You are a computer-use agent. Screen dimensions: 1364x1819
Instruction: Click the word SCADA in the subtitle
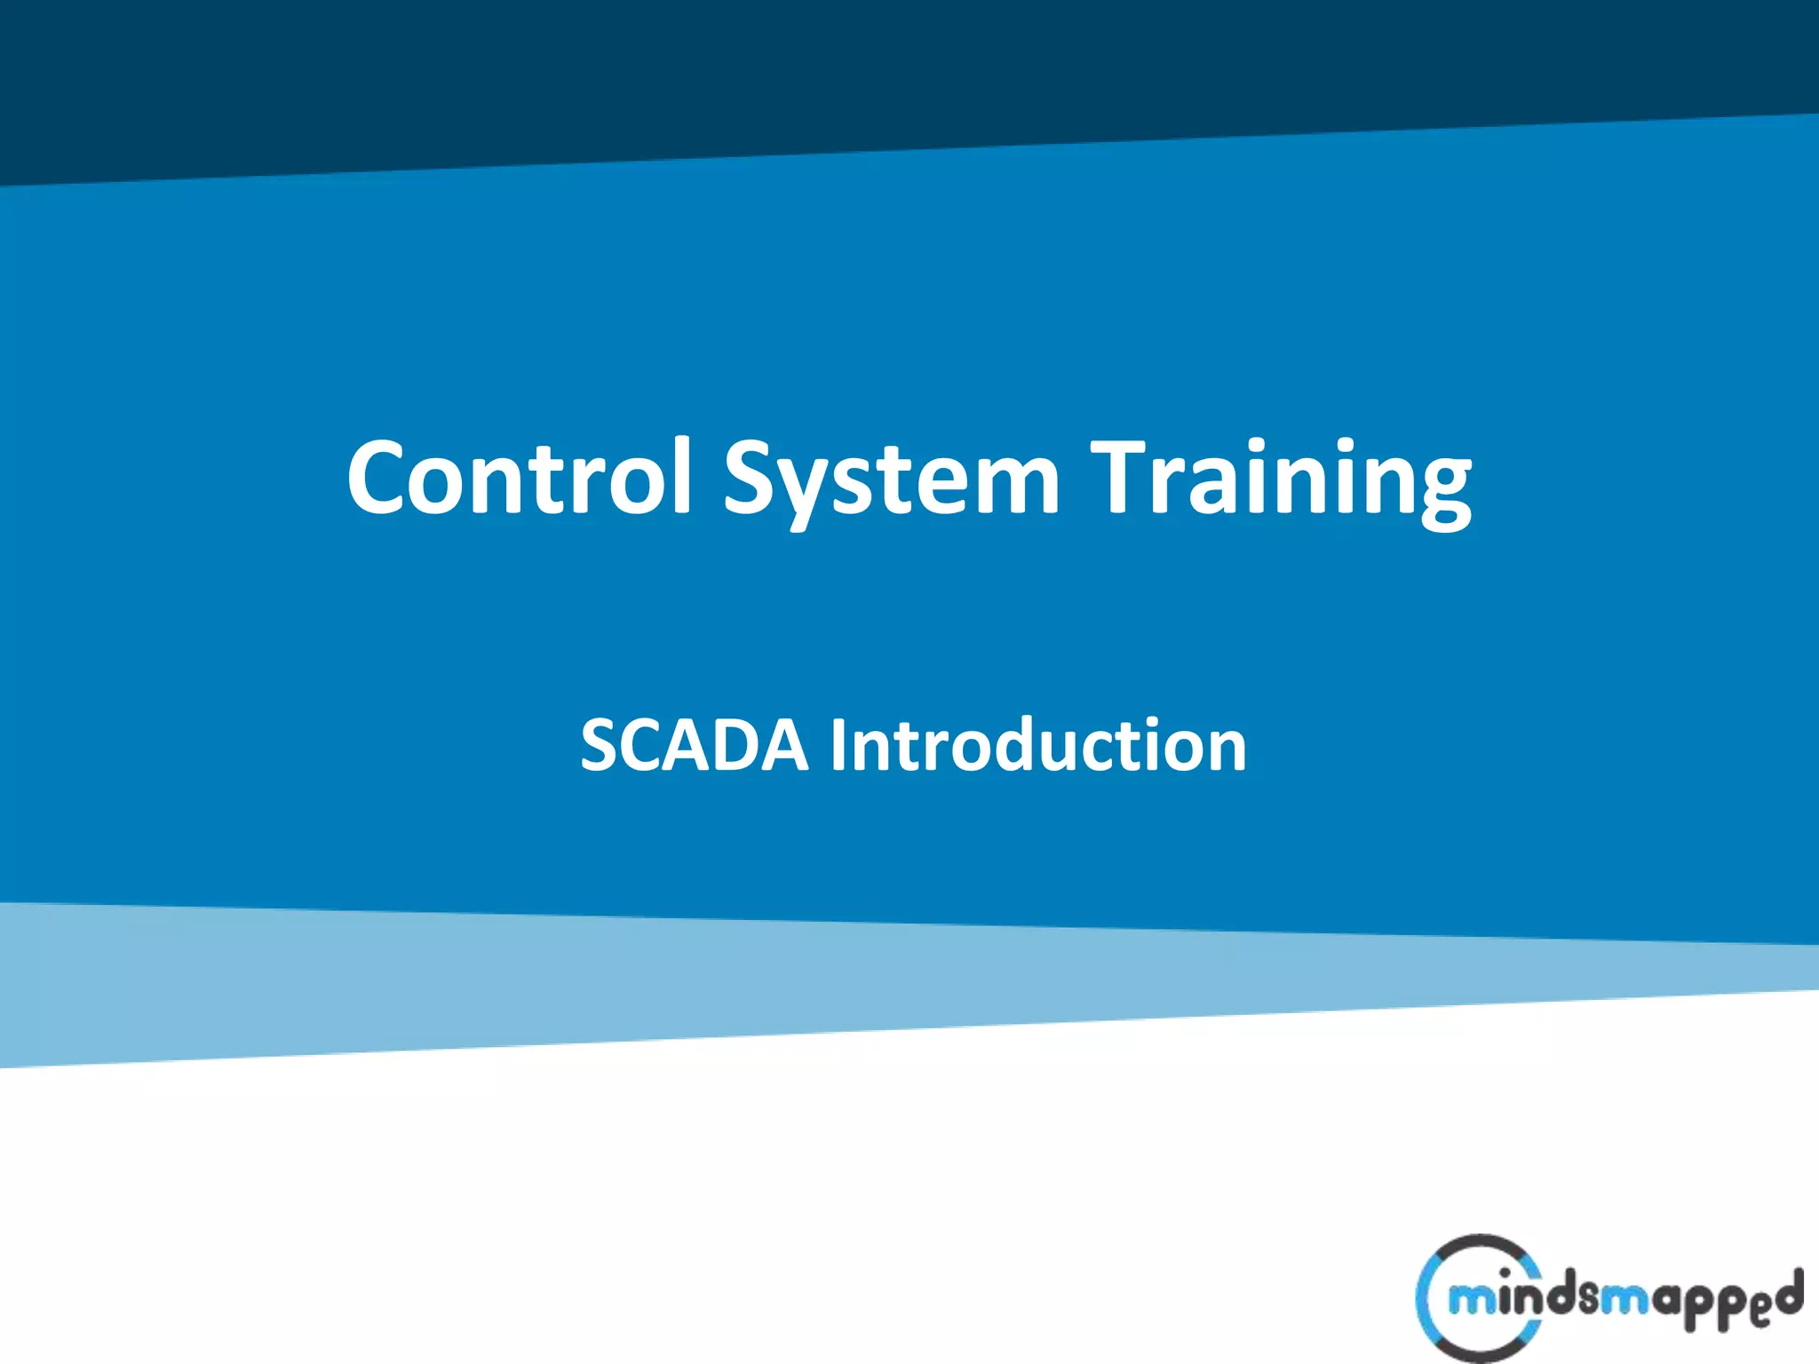tap(694, 745)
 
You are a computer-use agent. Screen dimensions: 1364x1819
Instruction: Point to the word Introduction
tap(1037, 745)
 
